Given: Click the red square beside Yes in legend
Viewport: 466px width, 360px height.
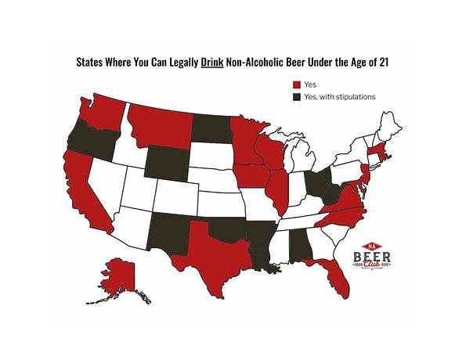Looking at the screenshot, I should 297,84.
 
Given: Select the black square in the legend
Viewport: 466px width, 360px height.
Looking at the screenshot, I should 297,96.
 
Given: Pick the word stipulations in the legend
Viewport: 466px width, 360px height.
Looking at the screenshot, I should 349,96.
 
